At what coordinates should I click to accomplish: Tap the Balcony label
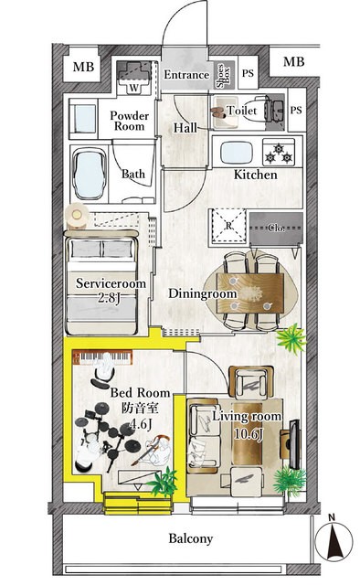191,538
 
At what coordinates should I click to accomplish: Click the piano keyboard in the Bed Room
102,357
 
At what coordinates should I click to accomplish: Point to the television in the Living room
294,444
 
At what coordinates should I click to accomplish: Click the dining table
250,292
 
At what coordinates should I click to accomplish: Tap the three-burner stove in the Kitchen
279,153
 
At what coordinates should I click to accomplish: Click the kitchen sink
237,153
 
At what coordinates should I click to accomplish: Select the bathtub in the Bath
89,175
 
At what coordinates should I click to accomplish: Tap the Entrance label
186,75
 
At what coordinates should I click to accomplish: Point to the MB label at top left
83,67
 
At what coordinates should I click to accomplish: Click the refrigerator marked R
228,226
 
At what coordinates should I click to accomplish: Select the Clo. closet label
276,228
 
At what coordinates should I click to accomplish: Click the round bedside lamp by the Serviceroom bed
77,215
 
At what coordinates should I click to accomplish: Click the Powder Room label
129,121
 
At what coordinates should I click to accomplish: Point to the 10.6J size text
249,434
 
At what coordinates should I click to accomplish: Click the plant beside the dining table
291,338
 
